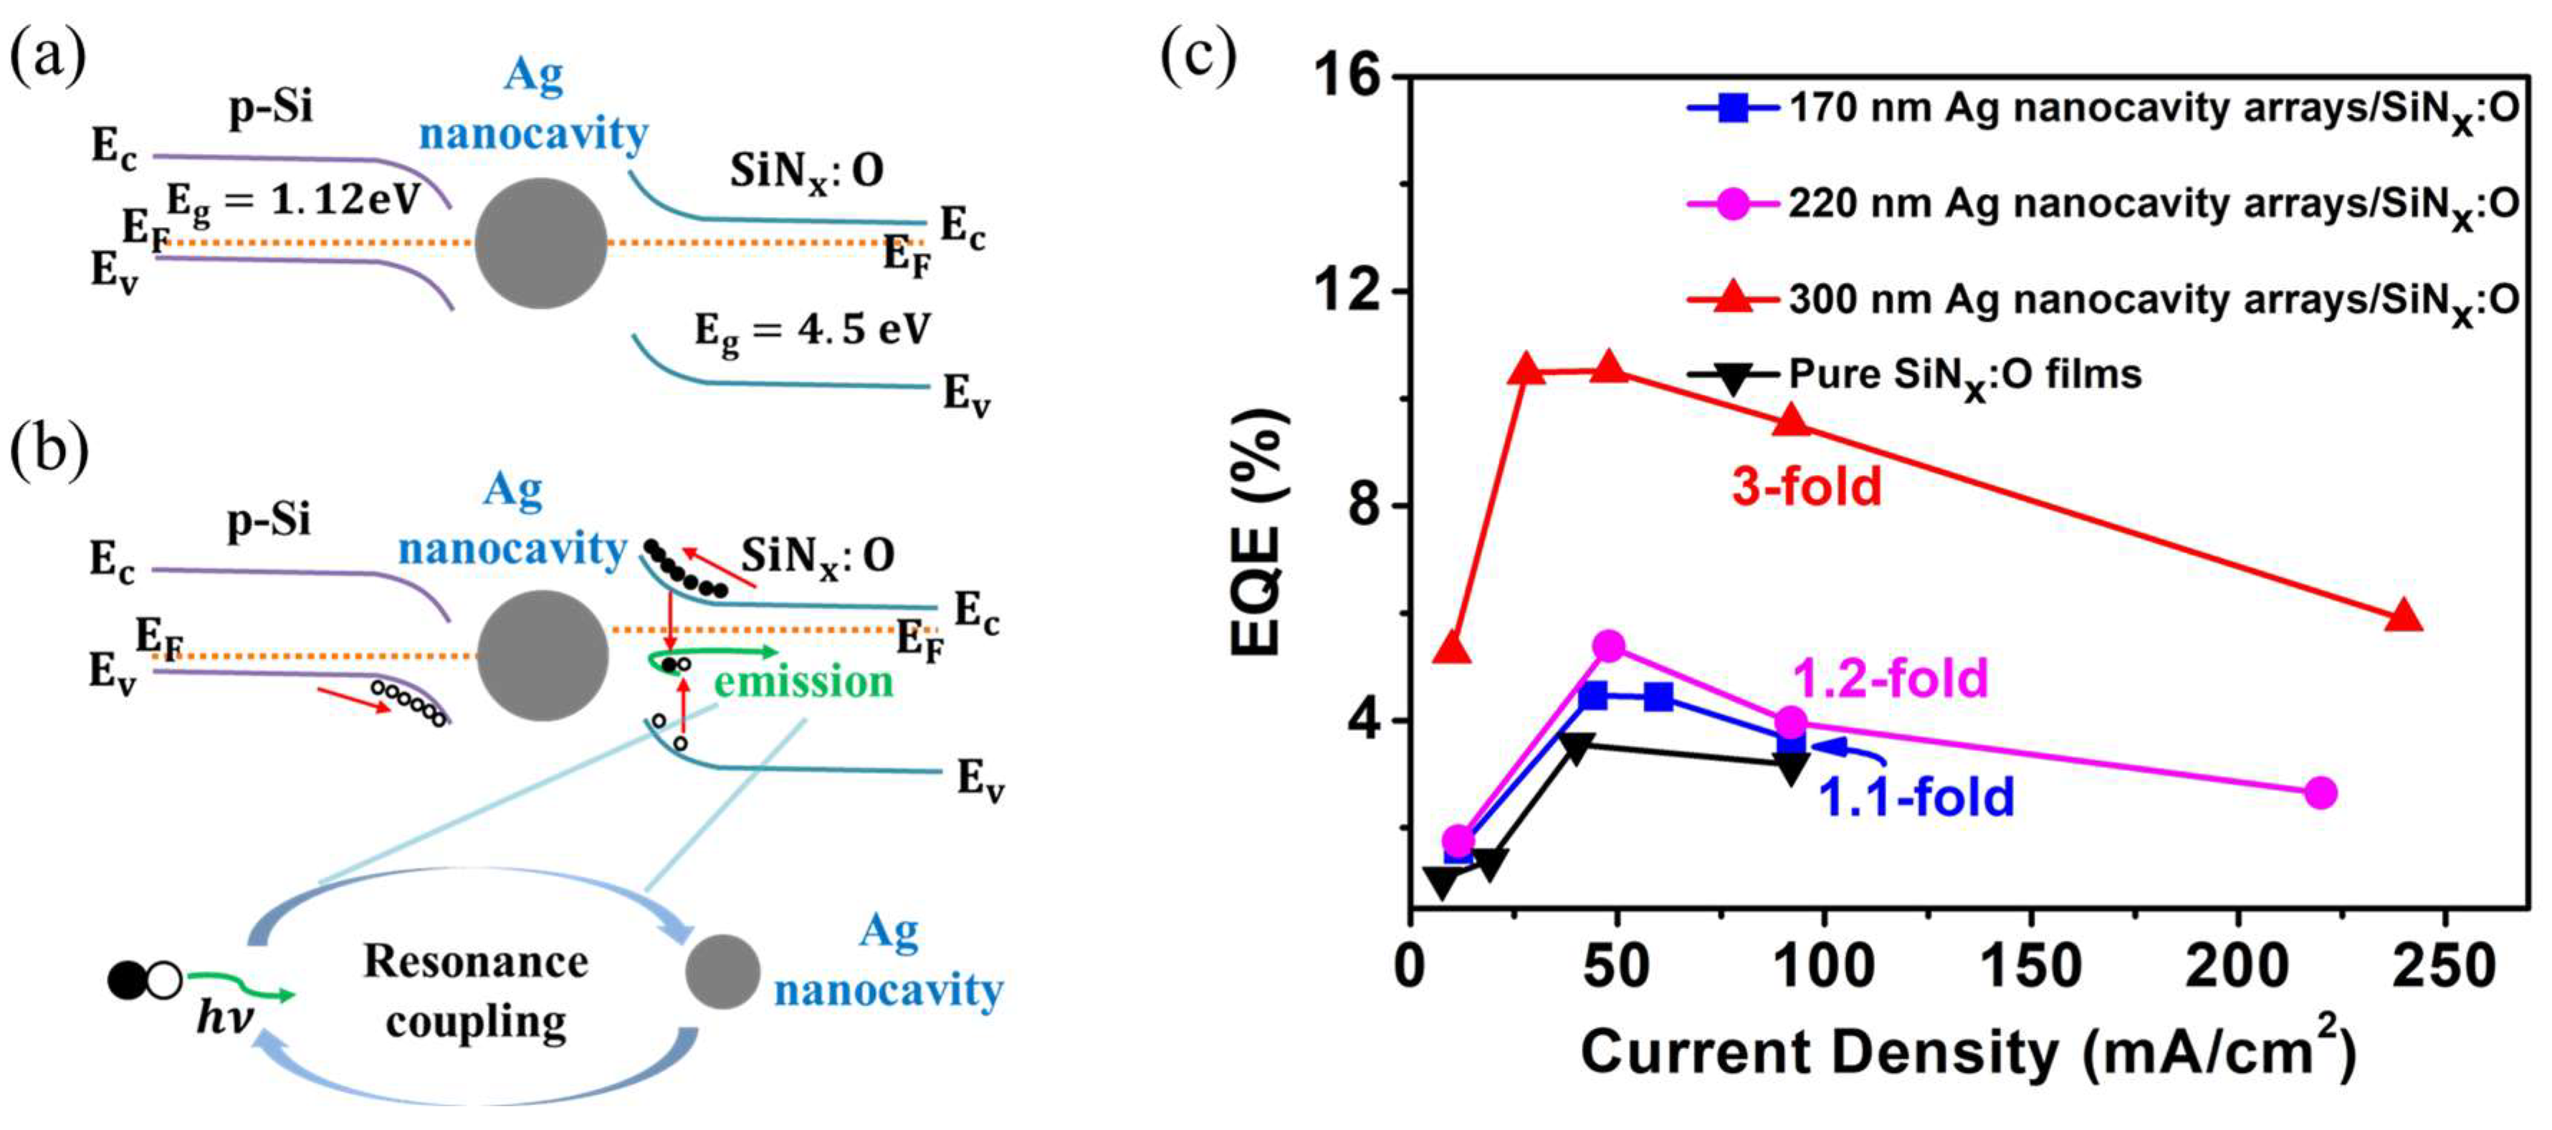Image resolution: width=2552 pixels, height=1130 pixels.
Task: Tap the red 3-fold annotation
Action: (1806, 487)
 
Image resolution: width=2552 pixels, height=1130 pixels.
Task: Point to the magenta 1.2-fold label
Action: (1891, 679)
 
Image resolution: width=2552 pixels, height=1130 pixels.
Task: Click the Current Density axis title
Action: (1966, 1053)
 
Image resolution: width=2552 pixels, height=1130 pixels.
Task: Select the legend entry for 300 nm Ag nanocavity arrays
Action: (2101, 299)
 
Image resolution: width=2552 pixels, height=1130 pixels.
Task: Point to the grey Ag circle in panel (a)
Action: (541, 244)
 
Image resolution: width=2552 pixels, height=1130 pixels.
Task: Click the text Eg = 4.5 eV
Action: (813, 330)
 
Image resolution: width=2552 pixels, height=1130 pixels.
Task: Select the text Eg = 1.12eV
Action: (293, 201)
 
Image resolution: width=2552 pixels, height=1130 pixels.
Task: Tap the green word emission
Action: (803, 682)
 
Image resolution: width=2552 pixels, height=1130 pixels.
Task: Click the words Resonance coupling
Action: (476, 990)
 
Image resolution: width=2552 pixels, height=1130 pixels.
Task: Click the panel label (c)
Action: (1199, 57)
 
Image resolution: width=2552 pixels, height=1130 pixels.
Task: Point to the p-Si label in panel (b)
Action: (269, 519)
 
